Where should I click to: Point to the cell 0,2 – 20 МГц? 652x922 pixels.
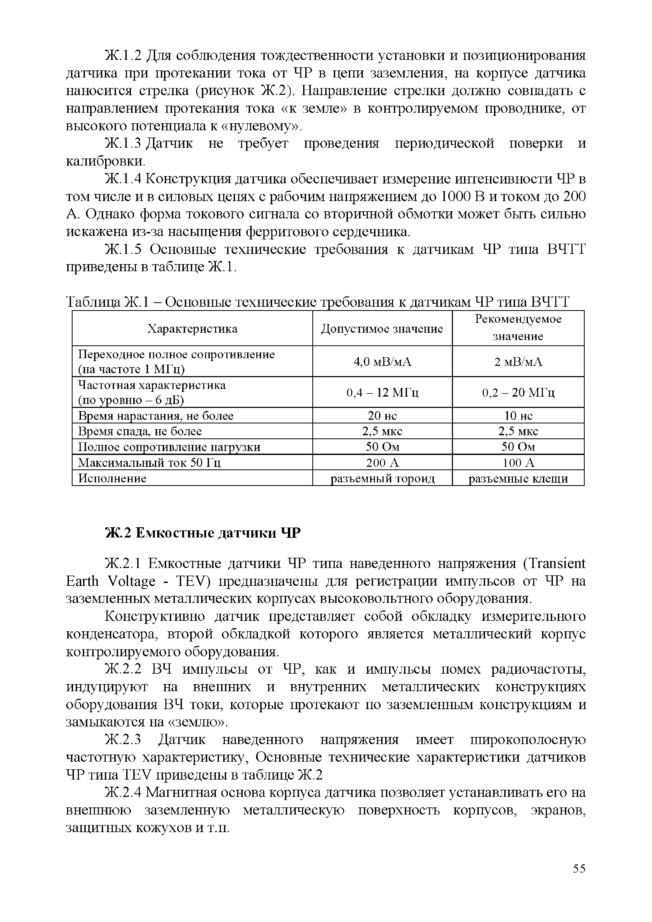coord(518,392)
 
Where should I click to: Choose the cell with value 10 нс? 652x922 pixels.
coord(518,415)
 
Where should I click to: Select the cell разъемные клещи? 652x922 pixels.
coord(518,478)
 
